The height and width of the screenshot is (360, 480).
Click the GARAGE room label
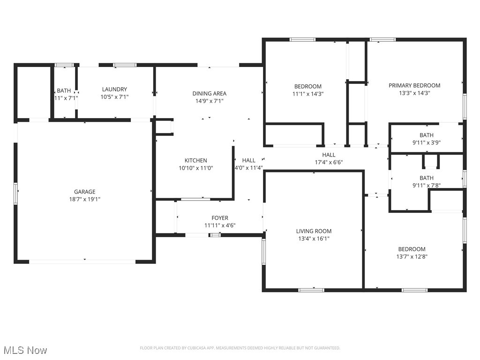(84, 192)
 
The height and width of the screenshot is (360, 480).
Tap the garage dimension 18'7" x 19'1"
(84, 199)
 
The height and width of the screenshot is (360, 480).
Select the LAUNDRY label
(114, 90)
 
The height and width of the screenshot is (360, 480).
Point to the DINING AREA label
(209, 93)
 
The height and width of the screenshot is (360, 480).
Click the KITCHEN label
(195, 160)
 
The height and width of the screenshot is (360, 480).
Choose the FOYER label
(220, 218)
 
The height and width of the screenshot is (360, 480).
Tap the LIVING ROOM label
(314, 231)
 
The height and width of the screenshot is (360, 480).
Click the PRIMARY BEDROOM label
(414, 85)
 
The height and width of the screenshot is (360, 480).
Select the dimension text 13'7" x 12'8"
(412, 256)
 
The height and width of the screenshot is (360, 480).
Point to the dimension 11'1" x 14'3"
(308, 93)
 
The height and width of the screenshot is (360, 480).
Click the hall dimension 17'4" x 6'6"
(329, 162)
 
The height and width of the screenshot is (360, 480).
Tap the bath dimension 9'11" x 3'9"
(427, 142)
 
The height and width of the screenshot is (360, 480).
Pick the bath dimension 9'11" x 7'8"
(427, 185)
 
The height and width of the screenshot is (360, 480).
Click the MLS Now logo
(25, 350)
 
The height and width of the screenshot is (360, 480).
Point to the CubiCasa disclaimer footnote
(240, 348)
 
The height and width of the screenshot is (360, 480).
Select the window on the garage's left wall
(16, 194)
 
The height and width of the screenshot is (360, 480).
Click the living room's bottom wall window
(311, 290)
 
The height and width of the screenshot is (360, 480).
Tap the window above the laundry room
(125, 65)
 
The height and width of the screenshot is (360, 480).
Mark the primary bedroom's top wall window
(382, 40)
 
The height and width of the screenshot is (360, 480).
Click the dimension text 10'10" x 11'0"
(195, 168)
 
